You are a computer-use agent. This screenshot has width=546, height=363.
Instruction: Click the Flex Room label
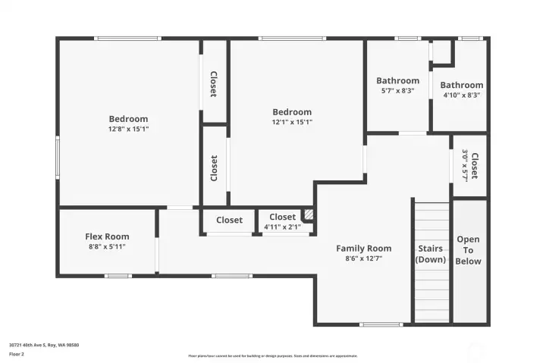(x=107, y=236)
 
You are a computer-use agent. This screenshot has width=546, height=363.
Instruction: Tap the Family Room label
(x=364, y=248)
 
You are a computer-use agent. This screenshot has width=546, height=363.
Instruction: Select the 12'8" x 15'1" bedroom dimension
(x=128, y=130)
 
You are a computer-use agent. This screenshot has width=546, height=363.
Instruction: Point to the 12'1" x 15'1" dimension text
(x=292, y=122)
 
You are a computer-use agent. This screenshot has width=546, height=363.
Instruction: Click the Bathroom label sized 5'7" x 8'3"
(x=397, y=81)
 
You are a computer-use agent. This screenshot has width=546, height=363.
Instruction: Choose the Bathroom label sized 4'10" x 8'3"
(x=461, y=86)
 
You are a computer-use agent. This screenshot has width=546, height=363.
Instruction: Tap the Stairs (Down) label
(x=431, y=254)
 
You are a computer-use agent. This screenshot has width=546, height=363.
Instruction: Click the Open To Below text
(x=468, y=250)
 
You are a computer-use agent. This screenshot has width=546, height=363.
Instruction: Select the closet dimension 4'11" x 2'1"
(x=282, y=227)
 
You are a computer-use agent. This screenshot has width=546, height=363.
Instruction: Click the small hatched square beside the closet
(x=308, y=214)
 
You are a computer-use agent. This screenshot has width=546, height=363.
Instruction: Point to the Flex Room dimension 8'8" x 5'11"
(x=107, y=247)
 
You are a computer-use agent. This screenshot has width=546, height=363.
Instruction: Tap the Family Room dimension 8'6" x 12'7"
(x=364, y=258)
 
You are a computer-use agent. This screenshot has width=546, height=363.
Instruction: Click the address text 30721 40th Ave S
(x=44, y=345)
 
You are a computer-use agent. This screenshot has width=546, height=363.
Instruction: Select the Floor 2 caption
(x=17, y=354)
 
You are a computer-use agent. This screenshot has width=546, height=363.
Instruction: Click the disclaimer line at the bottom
(x=273, y=355)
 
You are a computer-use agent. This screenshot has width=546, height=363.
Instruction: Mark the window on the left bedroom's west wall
(x=58, y=157)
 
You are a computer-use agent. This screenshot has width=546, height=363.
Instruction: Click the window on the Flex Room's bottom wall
(x=118, y=276)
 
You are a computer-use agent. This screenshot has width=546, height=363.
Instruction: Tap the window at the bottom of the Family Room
(x=381, y=324)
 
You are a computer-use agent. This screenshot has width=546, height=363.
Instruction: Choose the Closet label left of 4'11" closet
(x=229, y=221)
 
